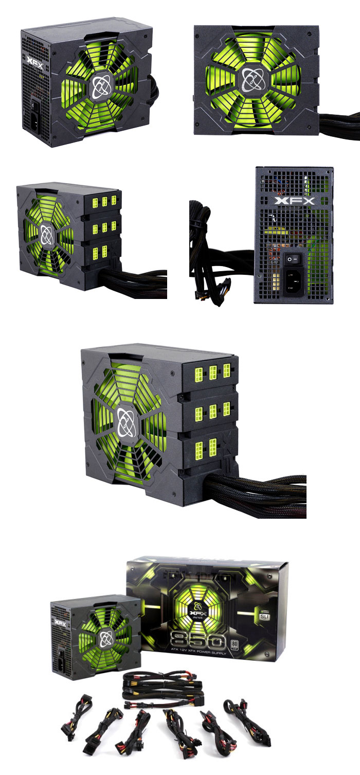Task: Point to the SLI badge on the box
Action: pos(264,614)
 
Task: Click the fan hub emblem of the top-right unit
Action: pos(249,77)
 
